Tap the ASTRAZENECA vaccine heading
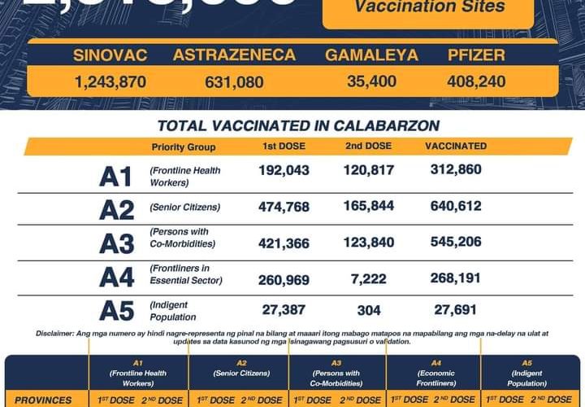(233, 55)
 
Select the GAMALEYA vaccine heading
(371, 55)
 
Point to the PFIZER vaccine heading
(476, 55)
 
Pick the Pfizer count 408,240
(476, 81)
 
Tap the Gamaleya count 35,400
(371, 81)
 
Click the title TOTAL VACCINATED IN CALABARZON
(298, 125)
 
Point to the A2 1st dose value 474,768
(284, 207)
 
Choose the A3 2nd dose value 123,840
(369, 243)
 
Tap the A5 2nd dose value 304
(369, 310)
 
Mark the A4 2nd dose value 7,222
(369, 279)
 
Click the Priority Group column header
(184, 147)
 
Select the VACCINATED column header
(456, 147)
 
